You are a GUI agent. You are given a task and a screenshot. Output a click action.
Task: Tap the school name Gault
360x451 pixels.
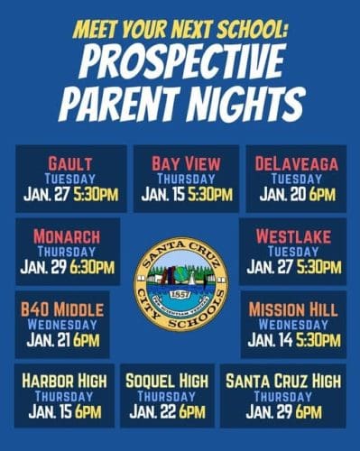coord(70,162)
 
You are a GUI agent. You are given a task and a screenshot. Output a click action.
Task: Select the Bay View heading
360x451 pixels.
coord(186,163)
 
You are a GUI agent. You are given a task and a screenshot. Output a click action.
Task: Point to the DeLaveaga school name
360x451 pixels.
coord(296,163)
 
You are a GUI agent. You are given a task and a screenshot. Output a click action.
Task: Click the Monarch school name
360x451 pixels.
coord(68,236)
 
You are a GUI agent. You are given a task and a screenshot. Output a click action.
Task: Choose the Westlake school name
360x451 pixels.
coord(294,236)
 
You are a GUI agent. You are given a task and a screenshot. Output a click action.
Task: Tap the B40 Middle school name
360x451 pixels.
coord(62,309)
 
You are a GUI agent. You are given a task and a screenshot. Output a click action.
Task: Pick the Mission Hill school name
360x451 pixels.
coord(294,309)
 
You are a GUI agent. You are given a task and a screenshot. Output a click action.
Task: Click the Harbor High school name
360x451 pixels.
coord(63,382)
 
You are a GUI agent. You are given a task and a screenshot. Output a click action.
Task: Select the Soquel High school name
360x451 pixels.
coord(167,382)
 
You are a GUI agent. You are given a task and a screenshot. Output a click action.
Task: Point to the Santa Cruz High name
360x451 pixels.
coord(283,382)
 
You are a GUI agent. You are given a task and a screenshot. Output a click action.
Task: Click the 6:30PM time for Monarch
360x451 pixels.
coord(93,267)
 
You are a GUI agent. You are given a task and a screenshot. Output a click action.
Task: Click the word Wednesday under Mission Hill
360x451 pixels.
coord(294,325)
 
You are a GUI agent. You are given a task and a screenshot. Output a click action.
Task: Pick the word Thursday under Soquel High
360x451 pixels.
coord(167,397)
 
